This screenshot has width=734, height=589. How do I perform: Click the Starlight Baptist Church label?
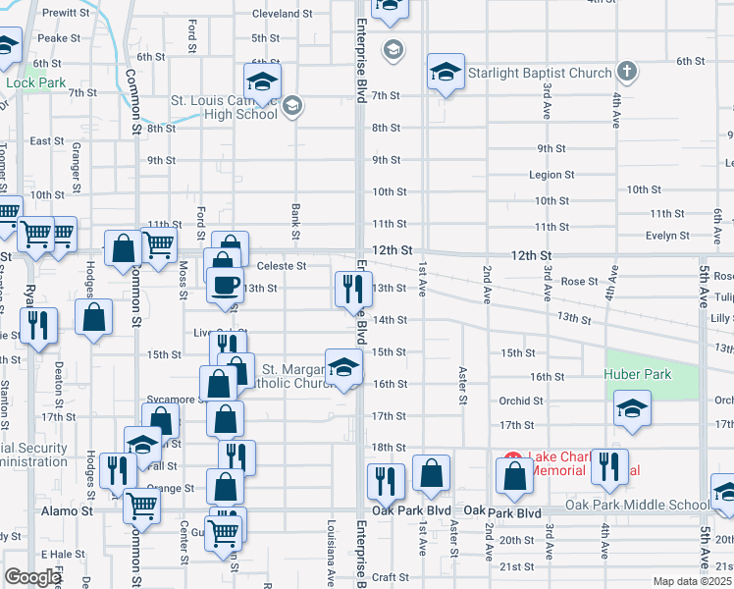click(x=540, y=72)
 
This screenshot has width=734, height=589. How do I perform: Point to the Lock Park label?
click(x=35, y=82)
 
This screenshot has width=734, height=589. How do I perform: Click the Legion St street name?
click(x=551, y=175)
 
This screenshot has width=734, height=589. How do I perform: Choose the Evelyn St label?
click(x=667, y=236)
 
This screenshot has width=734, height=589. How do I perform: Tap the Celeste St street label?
click(x=282, y=265)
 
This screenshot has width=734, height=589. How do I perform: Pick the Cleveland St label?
click(x=282, y=14)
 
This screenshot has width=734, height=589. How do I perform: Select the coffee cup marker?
click(x=225, y=285)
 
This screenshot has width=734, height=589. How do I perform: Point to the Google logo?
click(x=32, y=577)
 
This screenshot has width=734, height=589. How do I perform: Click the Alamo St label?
click(x=68, y=511)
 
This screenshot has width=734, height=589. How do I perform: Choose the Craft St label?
click(x=390, y=577)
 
